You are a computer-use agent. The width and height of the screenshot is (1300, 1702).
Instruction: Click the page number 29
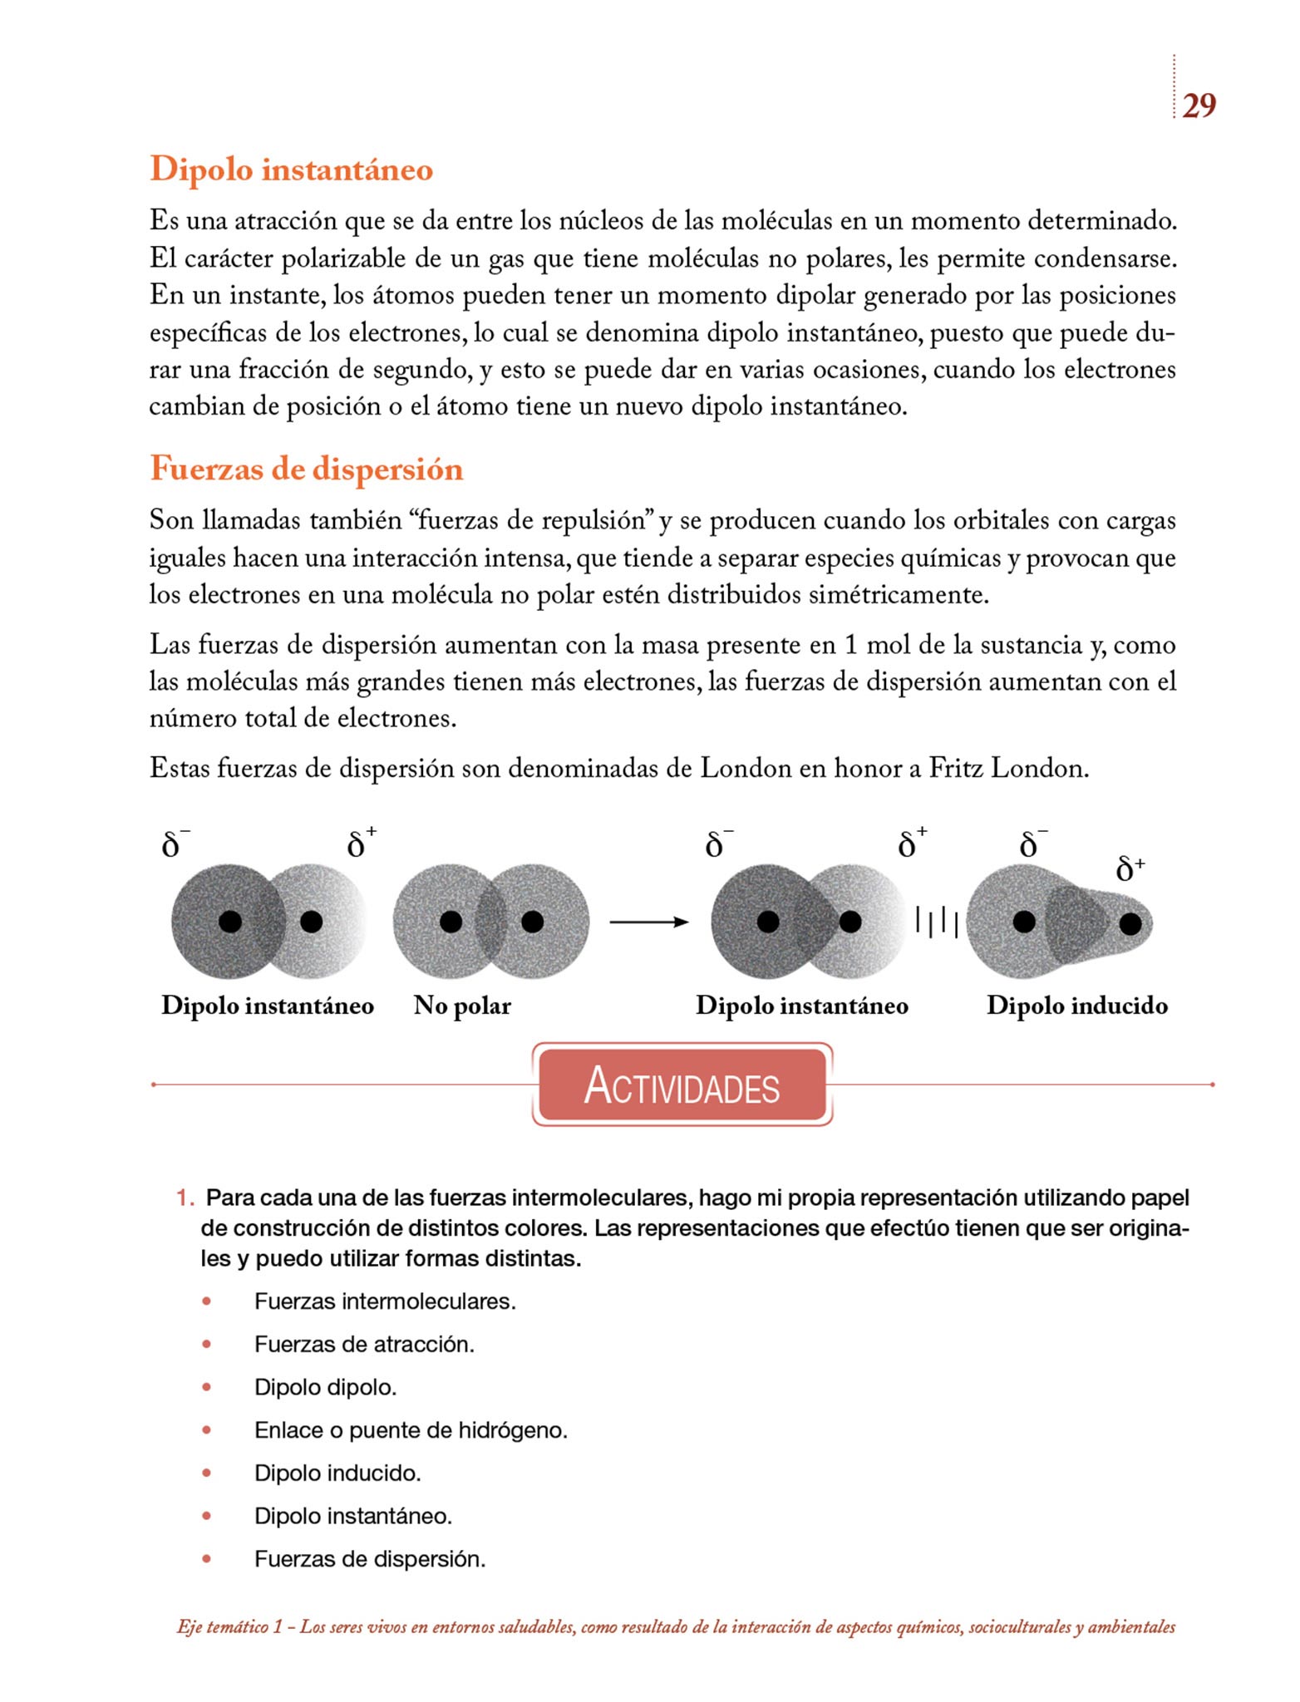pyautogui.click(x=1199, y=106)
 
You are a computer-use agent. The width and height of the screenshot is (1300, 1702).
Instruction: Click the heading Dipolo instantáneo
pyautogui.click(x=291, y=169)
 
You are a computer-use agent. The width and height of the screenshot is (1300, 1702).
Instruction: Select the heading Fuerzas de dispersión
pyautogui.click(x=306, y=469)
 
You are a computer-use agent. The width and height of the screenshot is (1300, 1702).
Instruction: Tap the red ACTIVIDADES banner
pyautogui.click(x=682, y=1085)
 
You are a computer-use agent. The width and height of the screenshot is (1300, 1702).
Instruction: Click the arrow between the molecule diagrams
pyautogui.click(x=648, y=922)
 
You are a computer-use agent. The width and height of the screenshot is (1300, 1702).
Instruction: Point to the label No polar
pyautogui.click(x=462, y=1006)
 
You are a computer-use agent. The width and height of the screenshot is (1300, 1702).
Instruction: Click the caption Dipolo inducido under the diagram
pyautogui.click(x=1076, y=1006)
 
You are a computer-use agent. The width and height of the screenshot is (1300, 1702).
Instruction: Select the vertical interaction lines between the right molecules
pyautogui.click(x=937, y=922)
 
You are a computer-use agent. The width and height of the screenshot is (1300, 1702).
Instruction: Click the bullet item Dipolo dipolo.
pyautogui.click(x=325, y=1387)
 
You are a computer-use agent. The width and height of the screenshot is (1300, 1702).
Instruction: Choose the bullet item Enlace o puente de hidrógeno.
pyautogui.click(x=411, y=1430)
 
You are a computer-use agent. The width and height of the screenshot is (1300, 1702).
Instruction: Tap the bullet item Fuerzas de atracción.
pyautogui.click(x=364, y=1344)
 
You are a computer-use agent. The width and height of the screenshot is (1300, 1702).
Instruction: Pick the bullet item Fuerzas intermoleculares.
pyautogui.click(x=385, y=1301)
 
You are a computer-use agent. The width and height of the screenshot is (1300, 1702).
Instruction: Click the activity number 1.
pyautogui.click(x=184, y=1198)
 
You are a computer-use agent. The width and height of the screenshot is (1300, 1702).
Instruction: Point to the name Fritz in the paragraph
pyautogui.click(x=956, y=768)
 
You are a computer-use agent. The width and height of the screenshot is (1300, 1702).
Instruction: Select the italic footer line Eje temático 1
pyautogui.click(x=676, y=1627)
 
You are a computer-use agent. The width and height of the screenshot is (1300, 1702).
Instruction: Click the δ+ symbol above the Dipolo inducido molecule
pyautogui.click(x=1130, y=868)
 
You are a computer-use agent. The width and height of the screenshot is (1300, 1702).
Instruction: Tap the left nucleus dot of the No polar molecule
pyautogui.click(x=451, y=922)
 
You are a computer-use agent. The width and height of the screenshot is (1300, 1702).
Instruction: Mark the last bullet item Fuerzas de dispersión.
pyautogui.click(x=370, y=1559)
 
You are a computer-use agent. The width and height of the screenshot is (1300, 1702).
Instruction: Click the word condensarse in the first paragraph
pyautogui.click(x=1105, y=258)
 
